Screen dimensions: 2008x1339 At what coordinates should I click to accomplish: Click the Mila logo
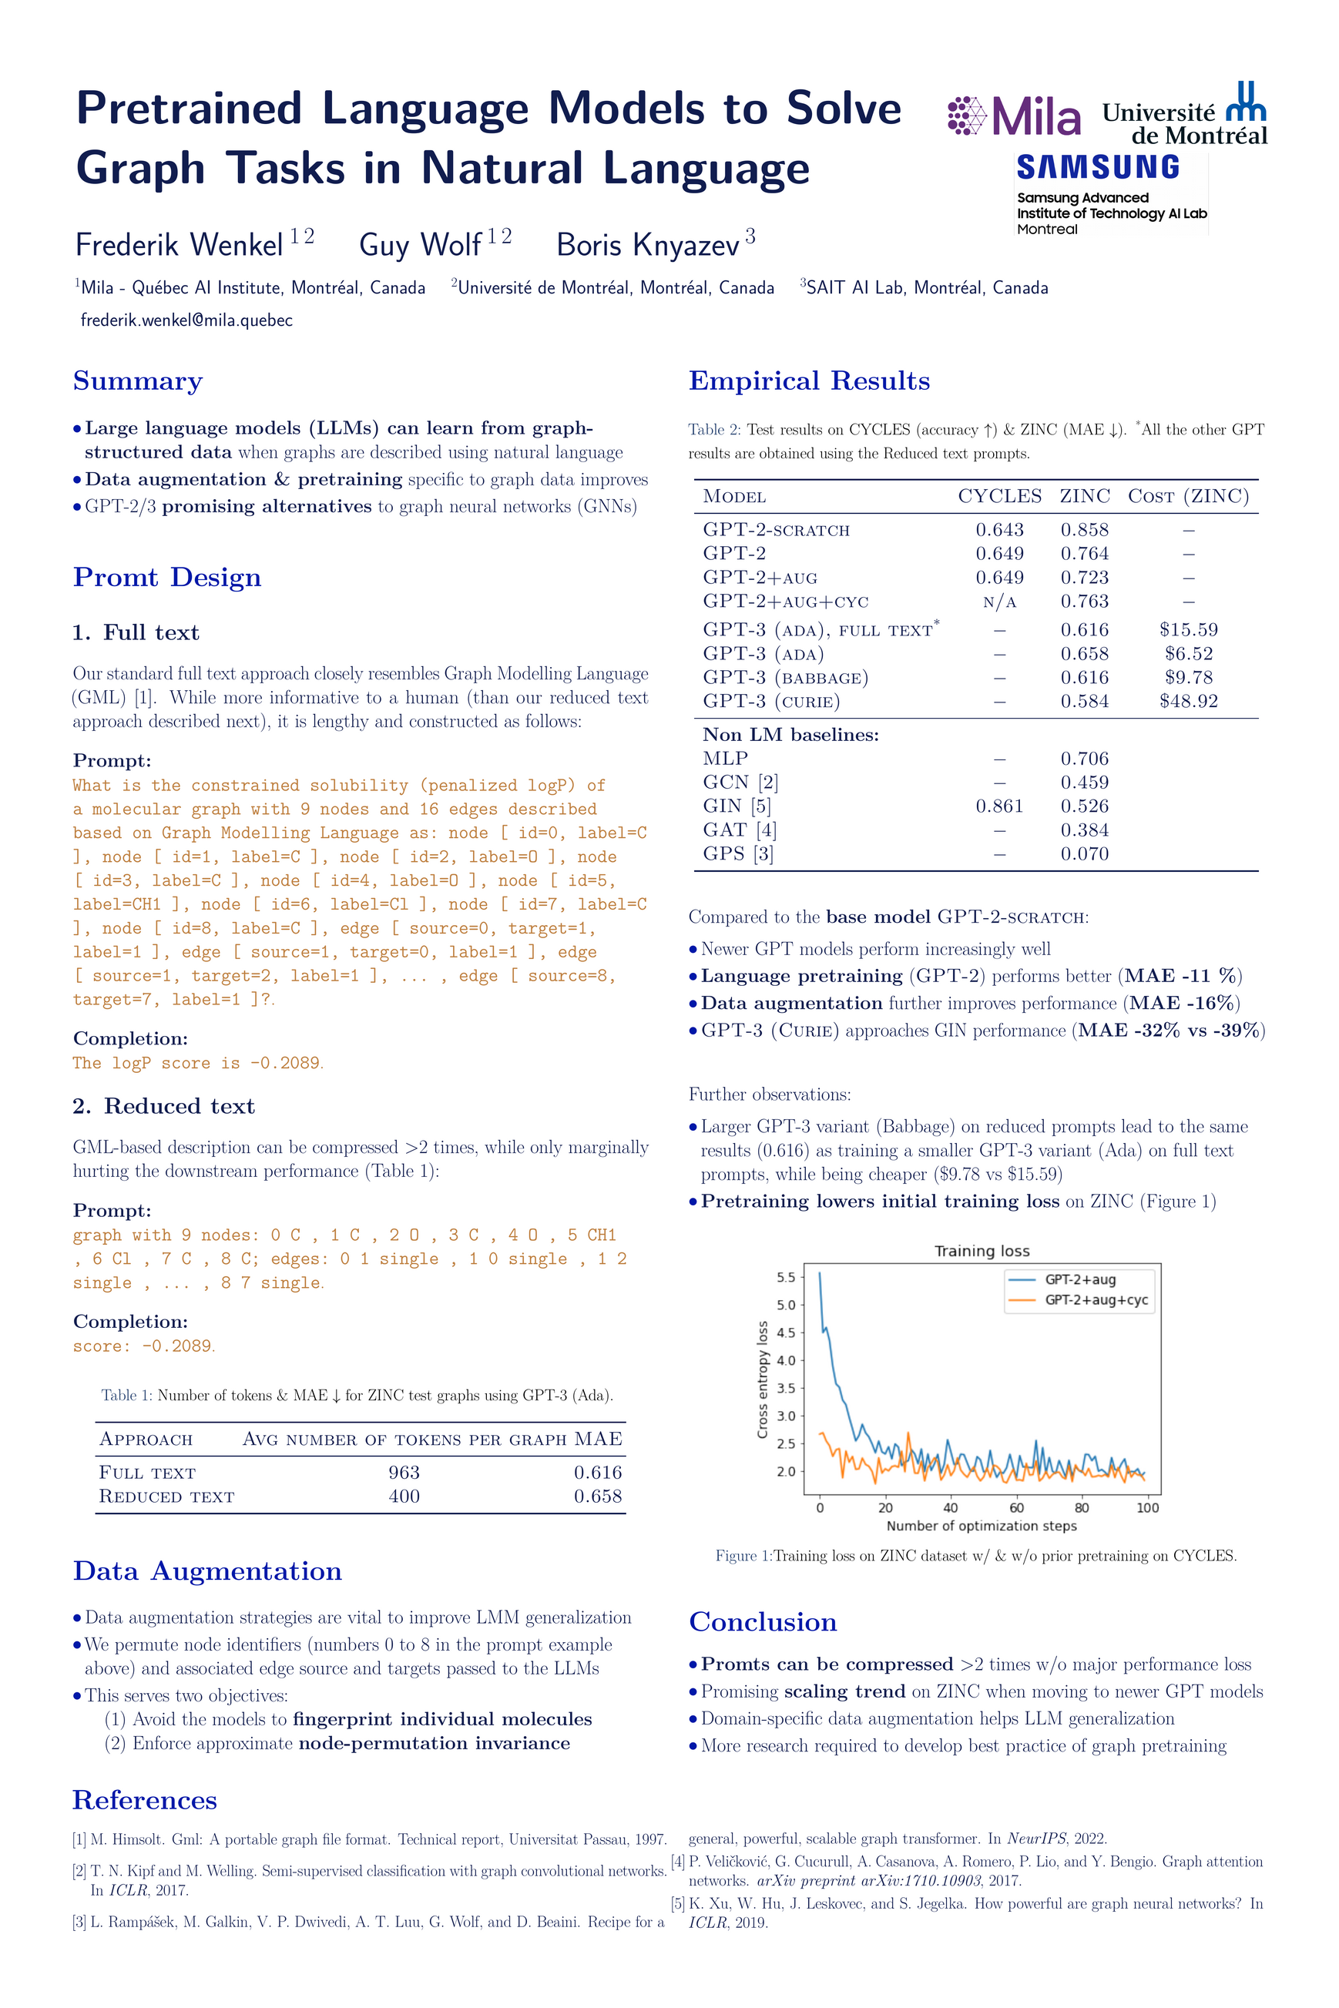point(1014,116)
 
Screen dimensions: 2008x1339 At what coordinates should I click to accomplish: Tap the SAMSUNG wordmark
point(1097,167)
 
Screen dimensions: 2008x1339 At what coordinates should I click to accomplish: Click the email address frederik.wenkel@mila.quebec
point(186,320)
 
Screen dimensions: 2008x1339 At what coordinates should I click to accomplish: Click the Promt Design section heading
point(167,577)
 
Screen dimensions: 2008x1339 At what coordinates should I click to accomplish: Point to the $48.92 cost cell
point(1188,701)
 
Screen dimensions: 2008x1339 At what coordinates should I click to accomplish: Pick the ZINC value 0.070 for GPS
point(1085,853)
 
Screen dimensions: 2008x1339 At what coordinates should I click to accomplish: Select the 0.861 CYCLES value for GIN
point(999,806)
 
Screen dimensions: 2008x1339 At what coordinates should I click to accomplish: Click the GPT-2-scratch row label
point(777,530)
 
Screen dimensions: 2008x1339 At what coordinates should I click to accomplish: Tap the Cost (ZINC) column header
point(1188,496)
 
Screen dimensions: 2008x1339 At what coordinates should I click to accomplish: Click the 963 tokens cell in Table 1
point(404,1472)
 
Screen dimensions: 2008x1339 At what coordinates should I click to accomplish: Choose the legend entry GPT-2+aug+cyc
point(1096,1300)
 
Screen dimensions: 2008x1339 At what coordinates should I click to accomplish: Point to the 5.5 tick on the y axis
point(786,1277)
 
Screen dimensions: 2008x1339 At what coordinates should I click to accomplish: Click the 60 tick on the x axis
point(1016,1507)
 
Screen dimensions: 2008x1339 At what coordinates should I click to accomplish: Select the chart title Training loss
point(982,1251)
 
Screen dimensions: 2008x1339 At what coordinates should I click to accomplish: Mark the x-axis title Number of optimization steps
point(982,1526)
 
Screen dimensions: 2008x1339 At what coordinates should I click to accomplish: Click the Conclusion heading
point(763,1622)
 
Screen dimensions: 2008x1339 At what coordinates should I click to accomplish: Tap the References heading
point(145,1800)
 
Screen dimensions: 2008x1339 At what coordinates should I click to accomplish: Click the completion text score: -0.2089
point(143,1346)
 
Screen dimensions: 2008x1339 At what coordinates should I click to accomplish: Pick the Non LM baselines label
point(790,735)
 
